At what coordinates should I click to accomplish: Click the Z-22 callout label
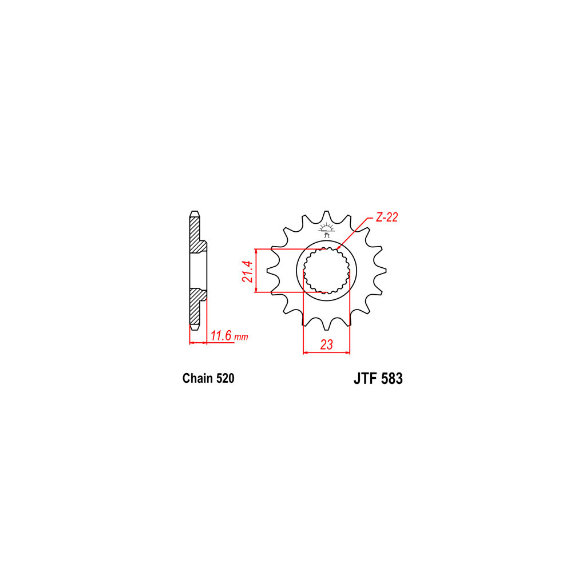point(387,217)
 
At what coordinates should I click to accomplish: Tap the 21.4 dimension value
point(248,271)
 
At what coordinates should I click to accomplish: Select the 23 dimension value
point(326,345)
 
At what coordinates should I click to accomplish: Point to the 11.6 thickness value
point(221,335)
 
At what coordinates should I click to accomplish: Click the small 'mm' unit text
point(241,337)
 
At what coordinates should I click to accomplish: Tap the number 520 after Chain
point(225,378)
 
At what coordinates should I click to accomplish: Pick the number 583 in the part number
point(392,379)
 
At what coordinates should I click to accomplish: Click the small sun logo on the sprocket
point(327,229)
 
